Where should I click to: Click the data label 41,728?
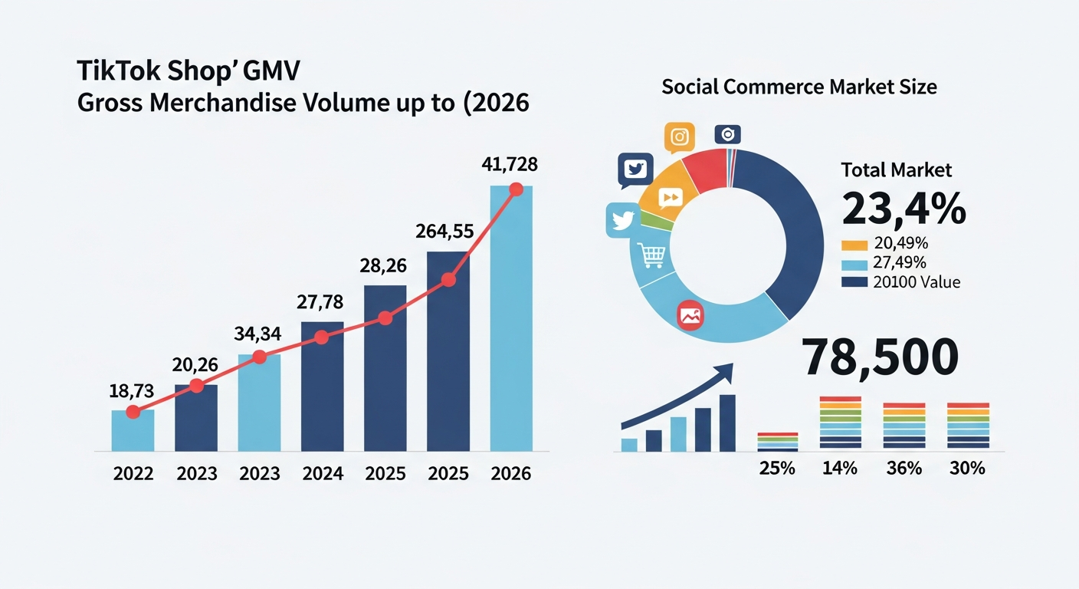(510, 164)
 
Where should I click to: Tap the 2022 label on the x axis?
(133, 474)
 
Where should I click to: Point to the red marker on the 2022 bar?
(133, 412)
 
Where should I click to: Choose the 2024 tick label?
(322, 474)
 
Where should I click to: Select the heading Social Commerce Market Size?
(799, 87)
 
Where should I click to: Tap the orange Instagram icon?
(679, 137)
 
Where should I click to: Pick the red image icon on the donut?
(690, 315)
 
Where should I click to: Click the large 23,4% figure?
(904, 209)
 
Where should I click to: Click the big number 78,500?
(880, 357)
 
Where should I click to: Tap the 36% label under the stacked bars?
(904, 468)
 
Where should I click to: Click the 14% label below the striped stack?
(840, 468)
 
